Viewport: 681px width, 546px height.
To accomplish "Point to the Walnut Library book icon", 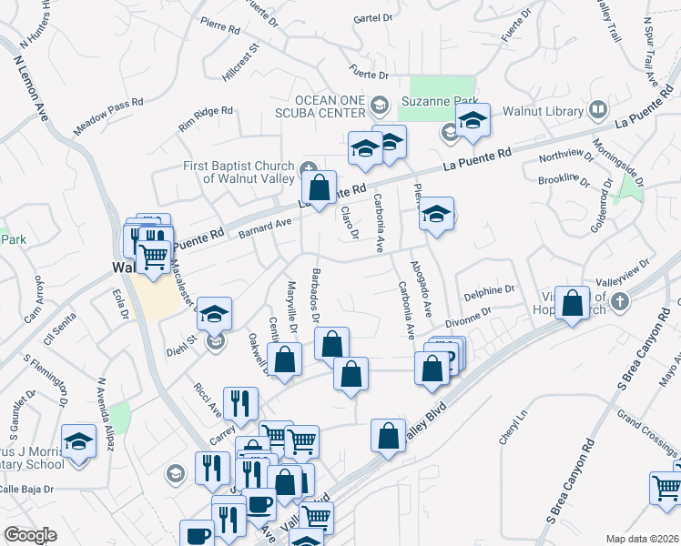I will [x=598, y=110].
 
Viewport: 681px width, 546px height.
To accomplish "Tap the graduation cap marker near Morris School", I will [x=79, y=443].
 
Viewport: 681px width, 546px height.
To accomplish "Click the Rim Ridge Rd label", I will [x=206, y=116].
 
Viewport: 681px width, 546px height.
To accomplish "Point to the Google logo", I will [x=30, y=535].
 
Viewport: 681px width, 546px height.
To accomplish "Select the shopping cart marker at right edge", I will [x=666, y=489].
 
